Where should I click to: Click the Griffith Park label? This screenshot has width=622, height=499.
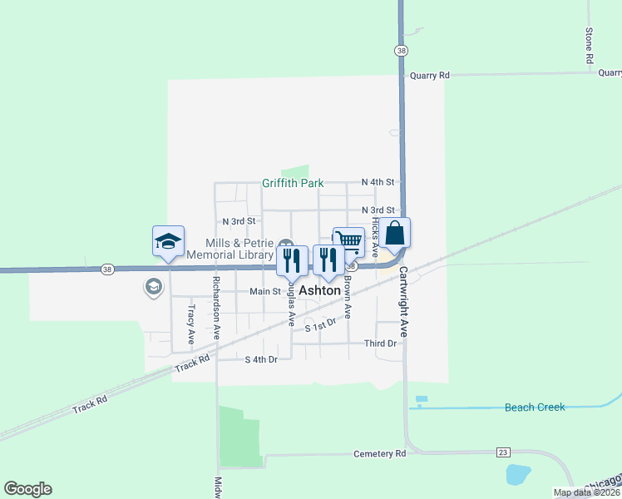click(x=292, y=183)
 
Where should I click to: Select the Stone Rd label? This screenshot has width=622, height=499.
click(x=589, y=46)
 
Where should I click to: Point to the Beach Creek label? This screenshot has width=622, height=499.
click(x=535, y=408)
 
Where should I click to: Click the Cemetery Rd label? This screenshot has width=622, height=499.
click(x=378, y=454)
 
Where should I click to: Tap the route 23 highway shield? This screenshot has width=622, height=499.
click(x=502, y=452)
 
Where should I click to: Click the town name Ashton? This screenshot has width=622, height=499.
click(x=319, y=291)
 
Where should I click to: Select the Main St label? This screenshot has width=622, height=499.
click(x=265, y=292)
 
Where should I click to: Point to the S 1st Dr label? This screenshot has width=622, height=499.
click(x=319, y=325)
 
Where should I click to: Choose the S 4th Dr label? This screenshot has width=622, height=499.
click(x=260, y=359)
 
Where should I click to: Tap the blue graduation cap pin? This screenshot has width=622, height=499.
click(x=168, y=242)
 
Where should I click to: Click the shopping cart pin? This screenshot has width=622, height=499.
click(x=348, y=242)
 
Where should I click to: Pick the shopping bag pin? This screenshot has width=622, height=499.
click(x=397, y=234)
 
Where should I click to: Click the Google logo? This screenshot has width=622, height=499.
click(x=27, y=489)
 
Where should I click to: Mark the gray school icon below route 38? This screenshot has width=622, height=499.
click(x=153, y=288)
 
